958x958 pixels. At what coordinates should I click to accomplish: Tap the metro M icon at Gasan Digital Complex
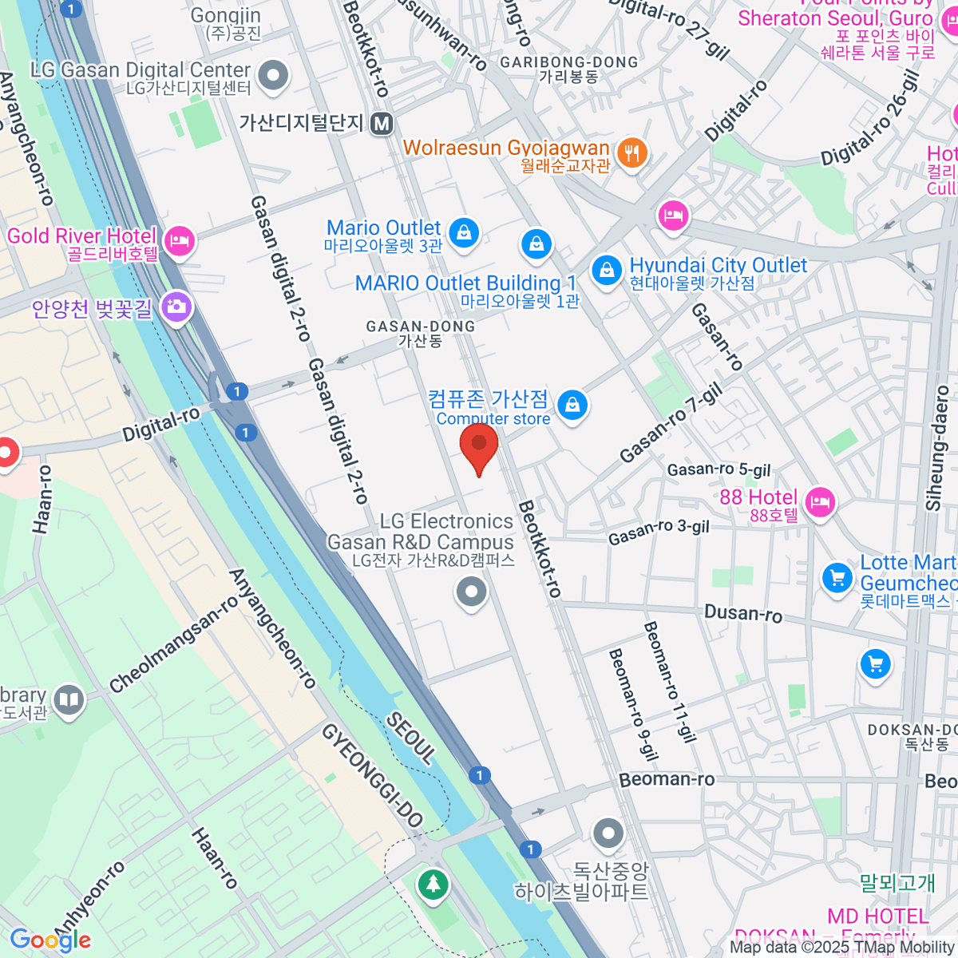(382, 123)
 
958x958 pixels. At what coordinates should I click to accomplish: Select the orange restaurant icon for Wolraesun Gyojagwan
(632, 152)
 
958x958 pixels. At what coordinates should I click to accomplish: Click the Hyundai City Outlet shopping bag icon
(608, 269)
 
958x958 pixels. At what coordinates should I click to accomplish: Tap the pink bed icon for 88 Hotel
(820, 501)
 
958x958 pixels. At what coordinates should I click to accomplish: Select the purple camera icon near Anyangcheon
(176, 307)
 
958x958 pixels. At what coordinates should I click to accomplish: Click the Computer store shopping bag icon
(572, 406)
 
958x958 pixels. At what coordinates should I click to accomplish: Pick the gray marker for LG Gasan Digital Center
(275, 77)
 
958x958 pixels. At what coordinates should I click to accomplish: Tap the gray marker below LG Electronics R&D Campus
(471, 592)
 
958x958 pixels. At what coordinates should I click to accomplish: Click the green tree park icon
(433, 884)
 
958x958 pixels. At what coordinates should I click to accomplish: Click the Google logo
(50, 940)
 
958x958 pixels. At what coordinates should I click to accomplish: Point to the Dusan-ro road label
(742, 614)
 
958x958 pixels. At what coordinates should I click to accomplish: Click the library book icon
(70, 700)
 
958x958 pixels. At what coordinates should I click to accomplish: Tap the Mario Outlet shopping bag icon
(463, 232)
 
